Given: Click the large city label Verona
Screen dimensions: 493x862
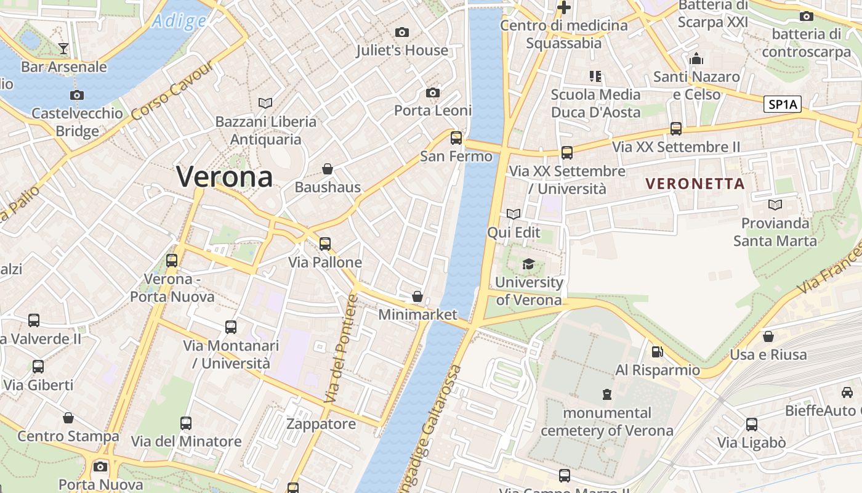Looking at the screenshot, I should (224, 177).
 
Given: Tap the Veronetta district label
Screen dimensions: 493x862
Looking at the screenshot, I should (695, 184).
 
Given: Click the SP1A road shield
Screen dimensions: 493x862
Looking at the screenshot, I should (783, 104).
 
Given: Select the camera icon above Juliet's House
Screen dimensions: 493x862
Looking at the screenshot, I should (402, 32).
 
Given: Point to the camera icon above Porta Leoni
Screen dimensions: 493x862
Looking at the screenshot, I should (433, 92).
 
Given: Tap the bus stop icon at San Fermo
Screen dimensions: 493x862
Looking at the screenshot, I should (456, 138).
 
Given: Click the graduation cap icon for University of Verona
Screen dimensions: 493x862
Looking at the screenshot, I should (528, 264).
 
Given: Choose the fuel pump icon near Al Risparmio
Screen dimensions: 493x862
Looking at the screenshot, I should (658, 352).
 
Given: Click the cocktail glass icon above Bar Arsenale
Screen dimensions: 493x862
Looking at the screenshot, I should (63, 48).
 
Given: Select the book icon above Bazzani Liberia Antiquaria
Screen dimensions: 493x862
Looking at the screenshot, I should (265, 103).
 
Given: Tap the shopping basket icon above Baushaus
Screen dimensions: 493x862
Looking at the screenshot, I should (328, 168).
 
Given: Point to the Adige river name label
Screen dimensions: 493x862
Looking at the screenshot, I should (179, 22).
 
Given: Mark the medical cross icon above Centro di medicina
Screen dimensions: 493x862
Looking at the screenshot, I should (563, 7).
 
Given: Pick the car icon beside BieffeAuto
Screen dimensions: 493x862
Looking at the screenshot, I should (847, 392).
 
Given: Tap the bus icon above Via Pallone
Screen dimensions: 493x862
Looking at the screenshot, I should (324, 244).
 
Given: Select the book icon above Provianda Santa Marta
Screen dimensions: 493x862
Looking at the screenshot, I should (775, 205).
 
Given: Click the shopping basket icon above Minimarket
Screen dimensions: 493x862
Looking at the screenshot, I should (417, 296).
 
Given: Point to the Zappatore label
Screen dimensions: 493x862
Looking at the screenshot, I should (321, 424).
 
